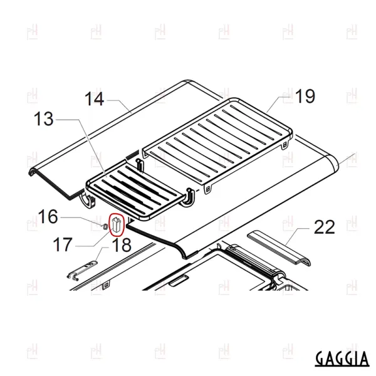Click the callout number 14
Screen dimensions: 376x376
point(95,99)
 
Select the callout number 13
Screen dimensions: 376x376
point(44,119)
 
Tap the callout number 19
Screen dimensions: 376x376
point(305,96)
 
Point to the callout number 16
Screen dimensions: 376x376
point(48,217)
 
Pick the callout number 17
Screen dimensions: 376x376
point(63,244)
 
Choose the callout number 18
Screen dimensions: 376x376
point(122,245)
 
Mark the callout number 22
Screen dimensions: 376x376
point(324,227)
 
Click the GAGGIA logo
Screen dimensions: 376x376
point(342,358)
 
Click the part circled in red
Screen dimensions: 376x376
point(117,225)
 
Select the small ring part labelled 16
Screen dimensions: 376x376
point(104,226)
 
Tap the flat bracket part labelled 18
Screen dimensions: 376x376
point(82,271)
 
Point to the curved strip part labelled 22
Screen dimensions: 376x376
point(279,248)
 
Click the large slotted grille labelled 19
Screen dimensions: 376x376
point(217,144)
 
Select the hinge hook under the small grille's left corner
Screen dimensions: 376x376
point(88,201)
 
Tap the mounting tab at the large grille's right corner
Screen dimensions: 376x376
point(285,145)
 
